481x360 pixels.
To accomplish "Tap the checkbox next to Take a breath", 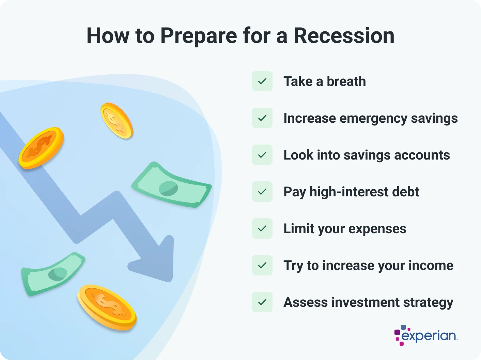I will [x=262, y=81].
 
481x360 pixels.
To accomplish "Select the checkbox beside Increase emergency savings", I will [x=262, y=118].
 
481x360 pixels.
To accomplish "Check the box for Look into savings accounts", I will [x=262, y=155].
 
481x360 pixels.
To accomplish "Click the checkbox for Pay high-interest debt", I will [x=262, y=192].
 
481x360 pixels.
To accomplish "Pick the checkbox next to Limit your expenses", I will [x=262, y=228].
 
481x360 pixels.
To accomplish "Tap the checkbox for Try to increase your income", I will [x=262, y=265].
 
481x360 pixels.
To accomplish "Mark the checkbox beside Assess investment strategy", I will [x=262, y=302].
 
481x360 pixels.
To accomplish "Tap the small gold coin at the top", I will [x=117, y=121].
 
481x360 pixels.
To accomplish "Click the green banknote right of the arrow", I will [x=171, y=185].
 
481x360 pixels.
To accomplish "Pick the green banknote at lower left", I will [x=53, y=274].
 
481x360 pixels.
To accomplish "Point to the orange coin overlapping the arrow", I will [x=41, y=148].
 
